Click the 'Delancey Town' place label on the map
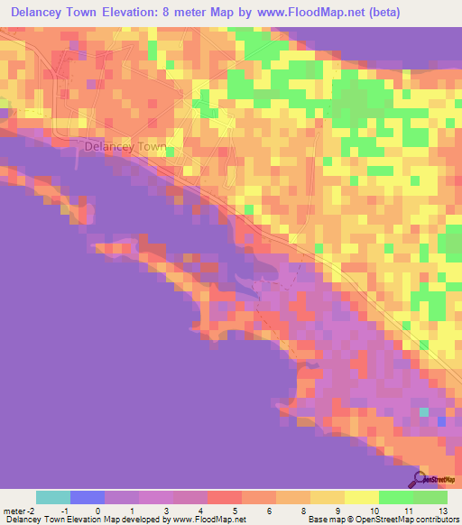(x=125, y=146)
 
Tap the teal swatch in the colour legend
(x=53, y=497)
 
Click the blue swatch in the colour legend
(x=88, y=497)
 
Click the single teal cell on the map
(x=424, y=411)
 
